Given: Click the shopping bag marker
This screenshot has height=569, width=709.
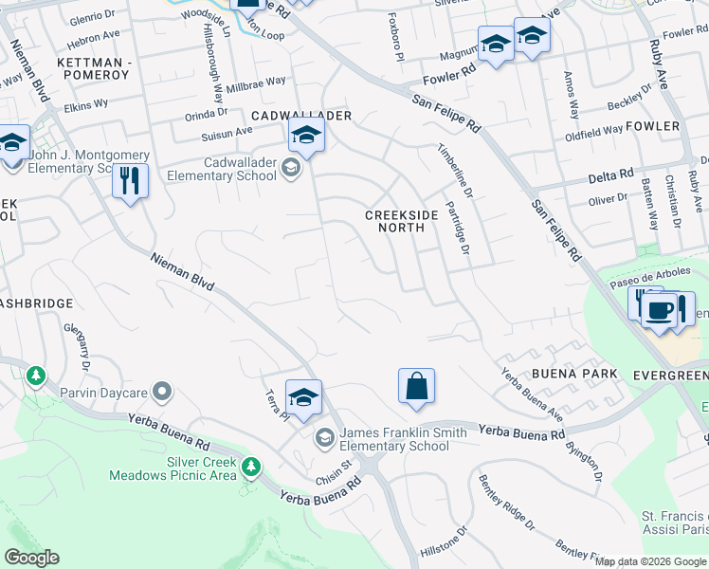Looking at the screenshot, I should tap(416, 387).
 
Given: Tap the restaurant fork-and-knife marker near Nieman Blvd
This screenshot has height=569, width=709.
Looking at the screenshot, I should tap(130, 180).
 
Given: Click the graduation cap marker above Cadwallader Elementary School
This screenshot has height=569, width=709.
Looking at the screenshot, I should tap(306, 137).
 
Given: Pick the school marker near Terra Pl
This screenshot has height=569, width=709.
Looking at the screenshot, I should tap(303, 398).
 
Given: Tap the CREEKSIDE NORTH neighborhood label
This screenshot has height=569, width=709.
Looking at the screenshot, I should tap(402, 221).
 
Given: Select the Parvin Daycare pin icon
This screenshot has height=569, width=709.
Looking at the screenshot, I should tap(163, 391).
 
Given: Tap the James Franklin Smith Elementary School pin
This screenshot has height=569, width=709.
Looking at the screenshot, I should tap(324, 435).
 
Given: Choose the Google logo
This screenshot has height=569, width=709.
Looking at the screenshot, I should tap(31, 558).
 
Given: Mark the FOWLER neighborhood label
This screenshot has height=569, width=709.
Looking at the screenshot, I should tap(653, 125).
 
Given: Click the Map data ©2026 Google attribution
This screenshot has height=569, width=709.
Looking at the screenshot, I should tap(650, 561).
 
